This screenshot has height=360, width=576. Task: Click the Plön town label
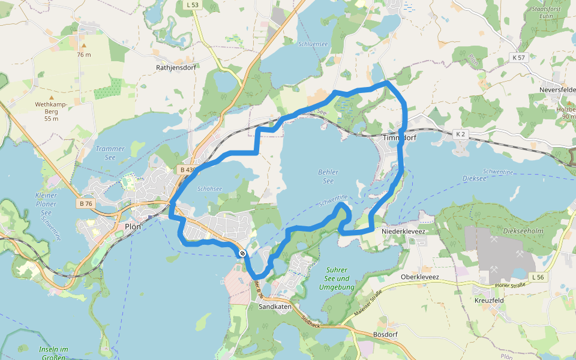click(x=133, y=227)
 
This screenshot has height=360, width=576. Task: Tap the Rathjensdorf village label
click(x=176, y=68)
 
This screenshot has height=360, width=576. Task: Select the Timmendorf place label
click(x=400, y=137)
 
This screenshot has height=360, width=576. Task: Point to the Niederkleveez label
click(x=403, y=230)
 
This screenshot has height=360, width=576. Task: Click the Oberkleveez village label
click(x=420, y=277)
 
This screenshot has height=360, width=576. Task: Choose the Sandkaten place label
click(x=275, y=307)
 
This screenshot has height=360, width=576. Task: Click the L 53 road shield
click(x=193, y=5)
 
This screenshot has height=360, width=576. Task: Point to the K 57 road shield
click(x=519, y=57)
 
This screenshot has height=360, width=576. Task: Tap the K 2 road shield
click(x=461, y=134)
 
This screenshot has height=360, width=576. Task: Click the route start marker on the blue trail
click(x=242, y=254)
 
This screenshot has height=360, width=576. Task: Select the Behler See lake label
click(x=328, y=176)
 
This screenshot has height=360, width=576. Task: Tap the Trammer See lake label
click(x=110, y=152)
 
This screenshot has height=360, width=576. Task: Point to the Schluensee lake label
click(x=313, y=44)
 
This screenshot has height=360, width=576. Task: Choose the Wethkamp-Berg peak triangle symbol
click(x=51, y=97)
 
